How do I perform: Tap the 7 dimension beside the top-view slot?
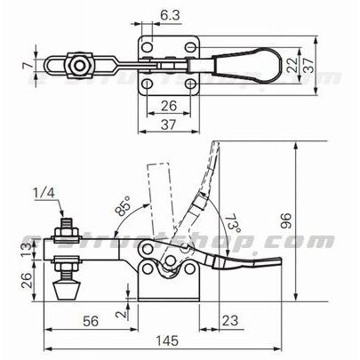(26, 65)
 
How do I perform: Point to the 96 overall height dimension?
(311, 219)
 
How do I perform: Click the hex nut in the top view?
(79, 65)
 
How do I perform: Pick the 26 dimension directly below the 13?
(26, 279)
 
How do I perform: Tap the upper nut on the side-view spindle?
(66, 235)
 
